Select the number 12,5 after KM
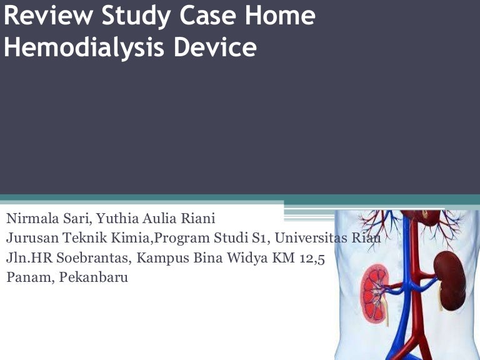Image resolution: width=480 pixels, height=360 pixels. pyautogui.click(x=311, y=257)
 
